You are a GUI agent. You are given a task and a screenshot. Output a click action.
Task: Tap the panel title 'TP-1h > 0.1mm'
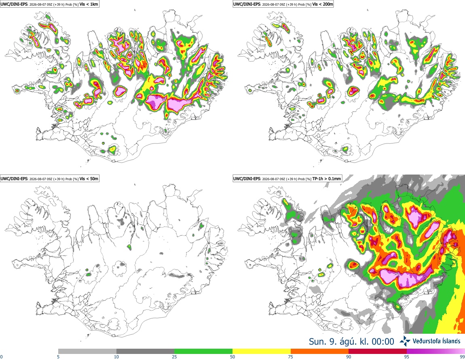(x=326, y=179)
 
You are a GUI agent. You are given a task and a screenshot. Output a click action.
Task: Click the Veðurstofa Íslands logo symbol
(x=405, y=341)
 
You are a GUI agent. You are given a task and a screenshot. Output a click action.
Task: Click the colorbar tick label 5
(x=58, y=357)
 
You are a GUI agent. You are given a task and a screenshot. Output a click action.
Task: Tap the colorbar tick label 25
(x=174, y=357)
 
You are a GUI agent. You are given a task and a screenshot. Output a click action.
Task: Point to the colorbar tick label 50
(x=232, y=357)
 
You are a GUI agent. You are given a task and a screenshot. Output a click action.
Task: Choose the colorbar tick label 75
(x=291, y=357)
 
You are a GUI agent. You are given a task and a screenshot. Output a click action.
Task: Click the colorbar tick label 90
(x=349, y=357)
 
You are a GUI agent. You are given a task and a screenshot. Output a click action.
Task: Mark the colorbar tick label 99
(x=462, y=357)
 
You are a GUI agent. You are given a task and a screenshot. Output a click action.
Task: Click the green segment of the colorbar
(x=203, y=351)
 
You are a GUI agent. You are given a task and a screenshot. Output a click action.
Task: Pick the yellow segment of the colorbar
(x=262, y=351)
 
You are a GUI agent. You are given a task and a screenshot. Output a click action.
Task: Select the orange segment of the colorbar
(x=320, y=351)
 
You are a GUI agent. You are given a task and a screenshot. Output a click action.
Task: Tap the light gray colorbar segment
(x=87, y=351)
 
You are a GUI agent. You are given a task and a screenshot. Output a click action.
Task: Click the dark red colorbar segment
(x=378, y=351)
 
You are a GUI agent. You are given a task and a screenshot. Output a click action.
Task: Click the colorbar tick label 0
(x=2, y=357)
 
